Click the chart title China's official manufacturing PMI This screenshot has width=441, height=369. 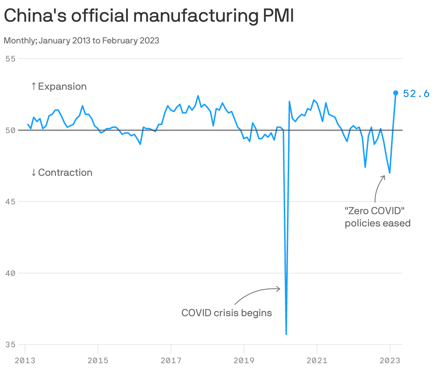pos(149,16)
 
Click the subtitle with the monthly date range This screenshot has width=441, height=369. pos(81,41)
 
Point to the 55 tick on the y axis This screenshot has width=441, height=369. pos(11,58)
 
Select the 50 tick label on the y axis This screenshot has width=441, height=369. pos(11,130)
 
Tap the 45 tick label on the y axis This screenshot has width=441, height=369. pos(11,202)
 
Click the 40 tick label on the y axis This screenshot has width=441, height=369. pos(11,273)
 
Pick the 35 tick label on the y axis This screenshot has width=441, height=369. pos(11,344)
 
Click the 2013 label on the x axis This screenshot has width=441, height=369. pos(25,360)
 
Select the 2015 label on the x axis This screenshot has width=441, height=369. pos(98,360)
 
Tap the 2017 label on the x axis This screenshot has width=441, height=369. pos(171,360)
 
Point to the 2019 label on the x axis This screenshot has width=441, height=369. pos(244,360)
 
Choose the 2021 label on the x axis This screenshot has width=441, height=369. pos(317,360)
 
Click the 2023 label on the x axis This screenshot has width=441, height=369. pos(390,360)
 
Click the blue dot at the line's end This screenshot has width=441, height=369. pos(396,93)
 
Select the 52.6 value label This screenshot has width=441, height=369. pos(416,94)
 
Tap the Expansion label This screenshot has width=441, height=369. pos(59,86)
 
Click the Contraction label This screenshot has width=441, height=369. pos(62,173)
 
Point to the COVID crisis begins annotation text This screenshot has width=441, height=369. pos(227,313)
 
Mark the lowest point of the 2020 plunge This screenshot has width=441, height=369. pos(286,334)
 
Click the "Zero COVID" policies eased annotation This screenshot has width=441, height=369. pos(377,217)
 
